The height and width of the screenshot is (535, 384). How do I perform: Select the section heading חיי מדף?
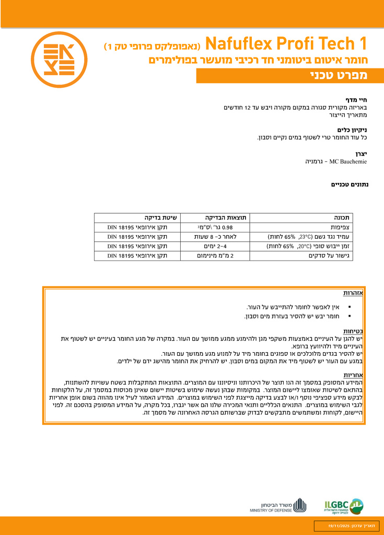tap(357, 99)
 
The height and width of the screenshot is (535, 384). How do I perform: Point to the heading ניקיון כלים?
tap(353, 130)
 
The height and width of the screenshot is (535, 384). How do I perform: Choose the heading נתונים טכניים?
tap(350, 184)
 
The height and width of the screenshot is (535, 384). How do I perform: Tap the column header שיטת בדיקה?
tap(161, 218)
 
